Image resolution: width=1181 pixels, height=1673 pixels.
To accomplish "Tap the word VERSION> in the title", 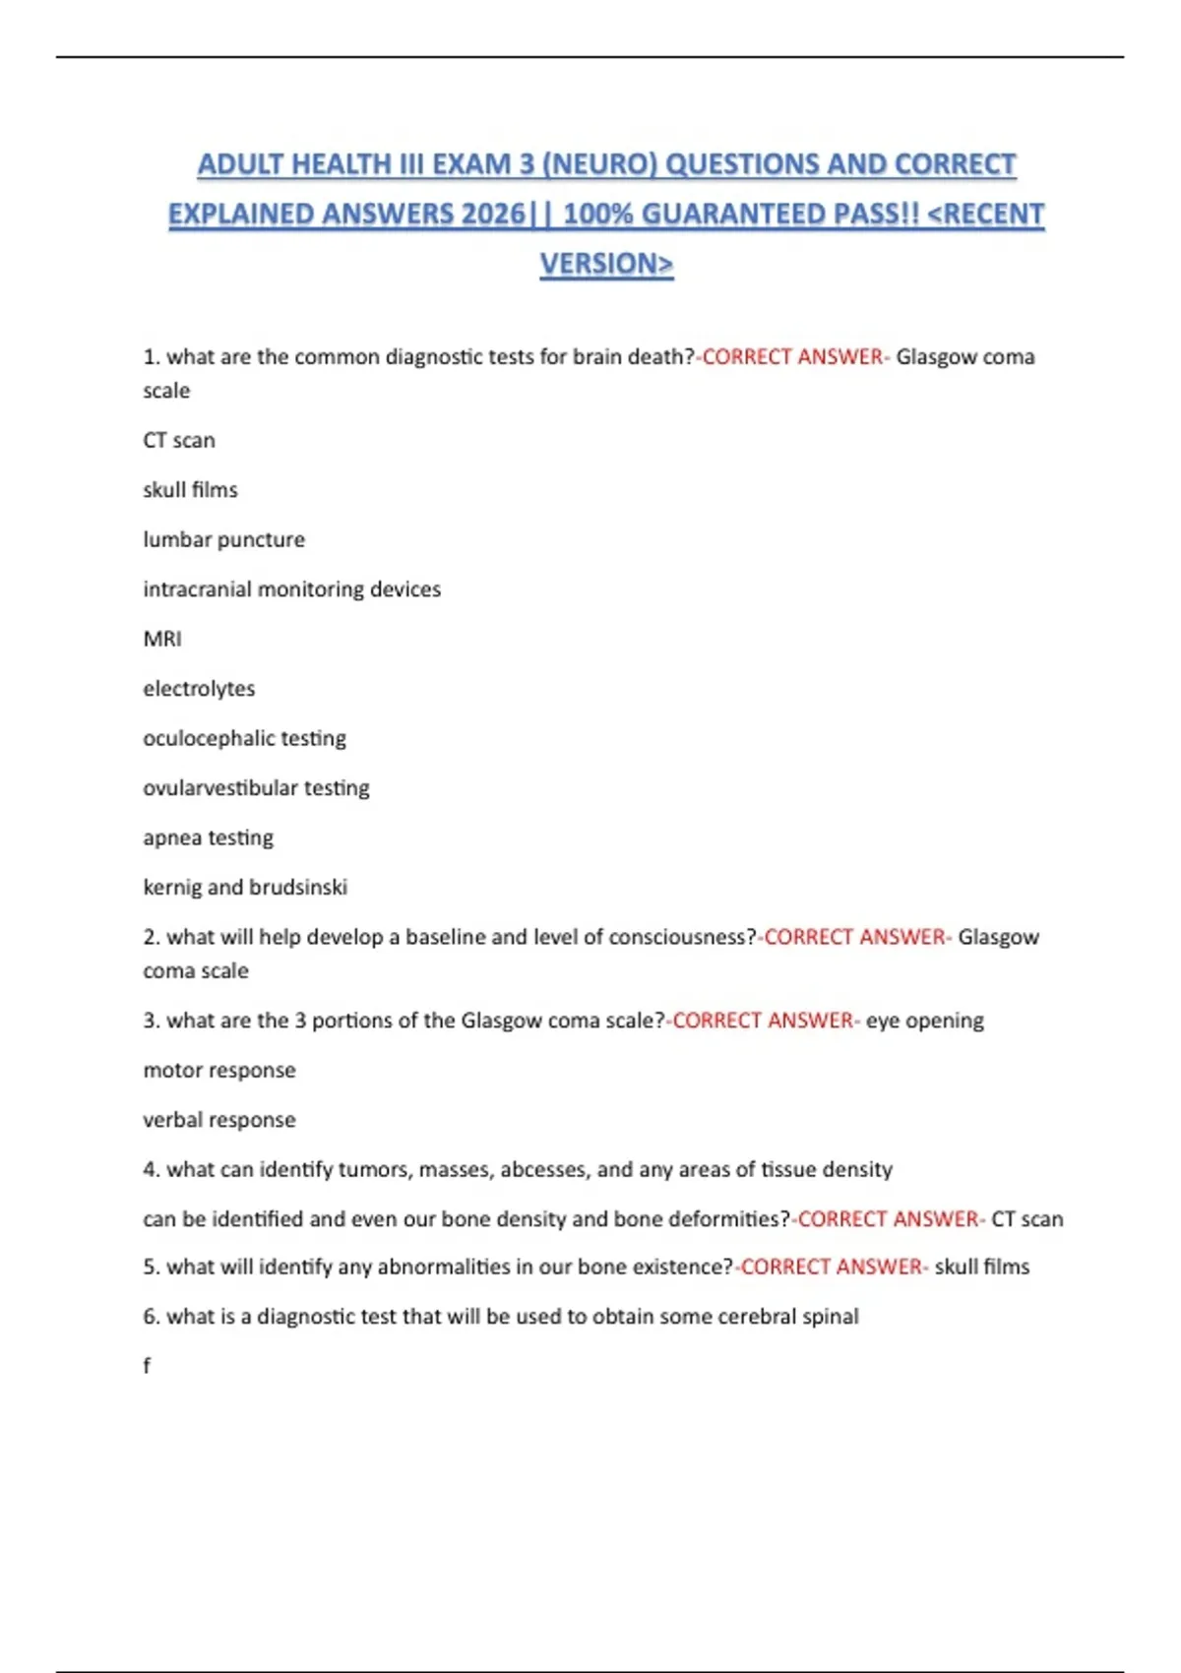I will coord(606,264).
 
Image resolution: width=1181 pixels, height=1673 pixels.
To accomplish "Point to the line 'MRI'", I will coord(162,639).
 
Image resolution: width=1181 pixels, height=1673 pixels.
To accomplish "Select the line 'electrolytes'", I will coord(199,689).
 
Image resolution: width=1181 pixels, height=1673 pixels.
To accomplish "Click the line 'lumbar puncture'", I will coord(223,539).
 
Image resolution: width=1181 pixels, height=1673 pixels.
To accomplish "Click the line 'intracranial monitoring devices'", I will coord(291,589).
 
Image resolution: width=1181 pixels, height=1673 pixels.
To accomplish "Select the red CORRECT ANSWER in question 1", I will coord(792,357).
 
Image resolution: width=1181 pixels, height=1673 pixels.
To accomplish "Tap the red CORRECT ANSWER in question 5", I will coord(831,1267).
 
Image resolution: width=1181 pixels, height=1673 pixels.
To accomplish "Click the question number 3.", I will coord(151,1021).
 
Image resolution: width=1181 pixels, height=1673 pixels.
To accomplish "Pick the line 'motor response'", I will coord(218,1070).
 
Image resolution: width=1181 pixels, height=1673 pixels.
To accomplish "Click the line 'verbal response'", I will coord(218,1120).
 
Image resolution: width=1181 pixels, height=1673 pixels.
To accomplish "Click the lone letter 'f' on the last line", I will coord(147,1366).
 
